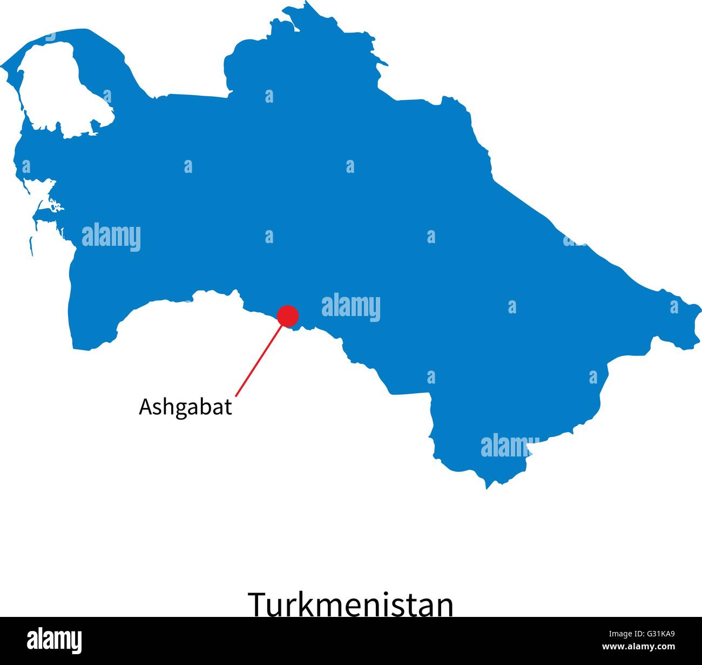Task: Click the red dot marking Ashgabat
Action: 287,316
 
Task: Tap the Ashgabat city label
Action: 185,407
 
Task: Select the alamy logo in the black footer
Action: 55,641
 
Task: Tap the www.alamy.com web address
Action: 638,647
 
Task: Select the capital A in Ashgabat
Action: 145,407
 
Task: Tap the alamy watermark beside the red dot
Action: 351,307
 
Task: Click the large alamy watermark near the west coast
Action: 111,237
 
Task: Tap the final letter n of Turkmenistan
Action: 444,607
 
